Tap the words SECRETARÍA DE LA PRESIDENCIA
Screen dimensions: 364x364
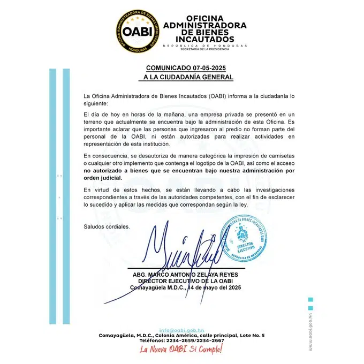(204, 49)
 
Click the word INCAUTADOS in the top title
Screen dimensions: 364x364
(204, 39)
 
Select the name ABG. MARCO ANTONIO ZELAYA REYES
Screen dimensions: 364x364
(186, 275)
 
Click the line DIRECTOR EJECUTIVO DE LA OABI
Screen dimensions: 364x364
(186, 281)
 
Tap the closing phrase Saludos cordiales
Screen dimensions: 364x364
(107, 227)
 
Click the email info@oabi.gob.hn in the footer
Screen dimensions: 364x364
(181, 330)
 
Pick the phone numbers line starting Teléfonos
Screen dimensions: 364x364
(181, 340)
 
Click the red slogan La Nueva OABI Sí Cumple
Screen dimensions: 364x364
(180, 349)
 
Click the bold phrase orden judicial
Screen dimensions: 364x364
(103, 178)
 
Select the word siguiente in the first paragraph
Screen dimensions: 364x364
(95, 103)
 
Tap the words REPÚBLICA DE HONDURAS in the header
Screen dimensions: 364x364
(204, 45)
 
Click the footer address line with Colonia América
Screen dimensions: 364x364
(181, 335)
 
